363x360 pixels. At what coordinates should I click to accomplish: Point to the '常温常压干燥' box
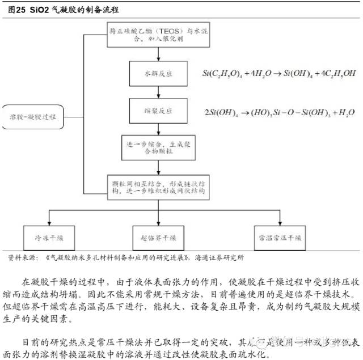[278, 236]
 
